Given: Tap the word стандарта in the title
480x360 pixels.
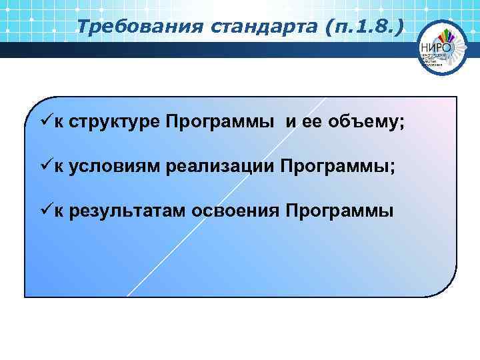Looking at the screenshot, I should [x=227, y=27].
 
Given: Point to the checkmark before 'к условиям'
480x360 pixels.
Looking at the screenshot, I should [x=45, y=167].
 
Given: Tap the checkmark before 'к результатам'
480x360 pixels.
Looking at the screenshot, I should [x=45, y=210].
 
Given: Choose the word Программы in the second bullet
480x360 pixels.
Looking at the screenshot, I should [x=336, y=167].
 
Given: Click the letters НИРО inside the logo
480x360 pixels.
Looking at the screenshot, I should [x=437, y=47].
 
